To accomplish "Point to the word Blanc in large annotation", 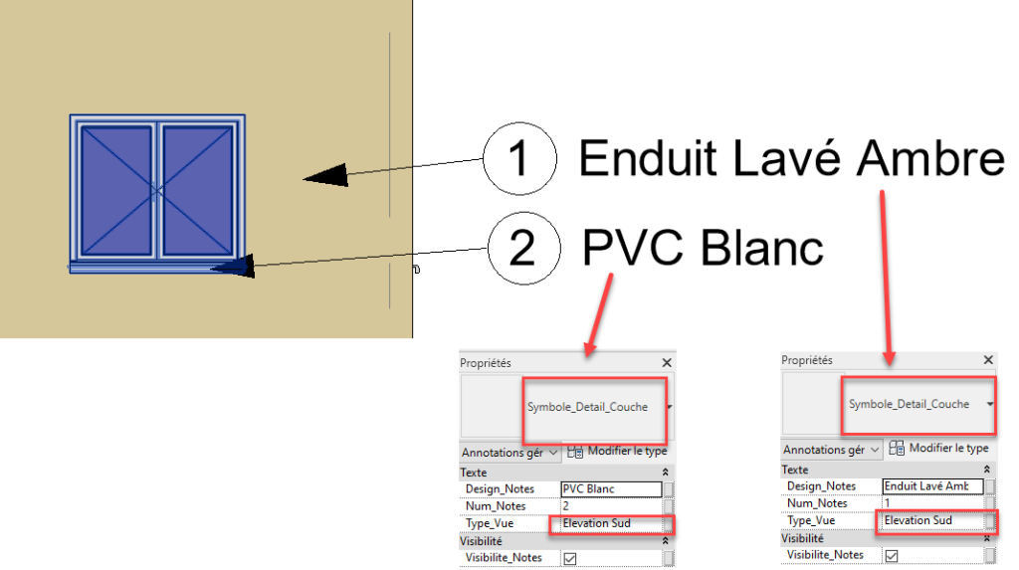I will (x=760, y=248).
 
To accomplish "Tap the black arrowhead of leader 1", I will (x=325, y=176).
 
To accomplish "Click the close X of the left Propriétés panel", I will (x=666, y=364).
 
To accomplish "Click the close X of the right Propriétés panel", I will (x=988, y=360).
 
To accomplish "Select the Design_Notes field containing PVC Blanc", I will (x=610, y=489).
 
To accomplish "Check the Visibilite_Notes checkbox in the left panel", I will (x=570, y=558).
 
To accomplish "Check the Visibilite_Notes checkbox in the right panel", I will (x=892, y=555).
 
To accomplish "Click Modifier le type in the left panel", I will (x=626, y=452).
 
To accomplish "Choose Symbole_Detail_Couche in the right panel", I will (x=909, y=405).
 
